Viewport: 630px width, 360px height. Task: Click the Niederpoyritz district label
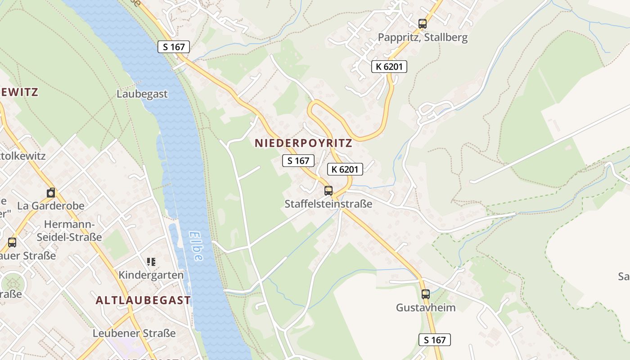point(303,143)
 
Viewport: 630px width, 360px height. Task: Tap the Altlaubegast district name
point(143,300)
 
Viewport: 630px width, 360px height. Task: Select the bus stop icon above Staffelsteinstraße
point(328,190)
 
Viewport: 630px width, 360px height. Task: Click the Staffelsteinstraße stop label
point(328,204)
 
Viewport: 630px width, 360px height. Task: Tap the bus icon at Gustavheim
point(425,294)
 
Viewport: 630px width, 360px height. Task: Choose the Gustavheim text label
point(425,308)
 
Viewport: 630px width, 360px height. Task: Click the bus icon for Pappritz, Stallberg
point(422,24)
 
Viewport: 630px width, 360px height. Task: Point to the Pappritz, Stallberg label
point(423,37)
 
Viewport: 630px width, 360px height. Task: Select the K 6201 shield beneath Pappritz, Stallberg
point(389,67)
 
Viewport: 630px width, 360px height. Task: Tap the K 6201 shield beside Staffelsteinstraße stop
point(345,169)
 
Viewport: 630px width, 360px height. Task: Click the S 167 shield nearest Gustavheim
point(435,340)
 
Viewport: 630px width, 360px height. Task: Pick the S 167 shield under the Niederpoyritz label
point(298,161)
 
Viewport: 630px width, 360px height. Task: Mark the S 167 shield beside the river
point(174,47)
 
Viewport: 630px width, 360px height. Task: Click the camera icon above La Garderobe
point(51,193)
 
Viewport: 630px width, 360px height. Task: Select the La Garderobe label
point(51,206)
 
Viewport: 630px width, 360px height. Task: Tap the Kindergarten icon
point(151,261)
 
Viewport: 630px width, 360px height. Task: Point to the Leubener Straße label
point(134,333)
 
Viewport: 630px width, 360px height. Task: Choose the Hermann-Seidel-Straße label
point(69,230)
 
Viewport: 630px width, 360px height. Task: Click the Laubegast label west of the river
point(142,94)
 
